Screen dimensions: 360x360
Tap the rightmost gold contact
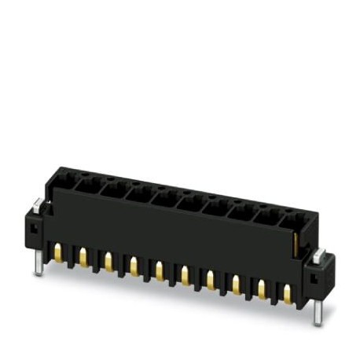pyautogui.click(x=287, y=294)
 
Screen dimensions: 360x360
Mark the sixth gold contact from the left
pyautogui.click(x=184, y=274)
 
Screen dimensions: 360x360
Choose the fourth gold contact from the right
pyautogui.click(x=210, y=279)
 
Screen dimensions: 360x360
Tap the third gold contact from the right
pyautogui.click(x=236, y=285)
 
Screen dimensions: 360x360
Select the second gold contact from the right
pyautogui.click(x=262, y=289)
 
